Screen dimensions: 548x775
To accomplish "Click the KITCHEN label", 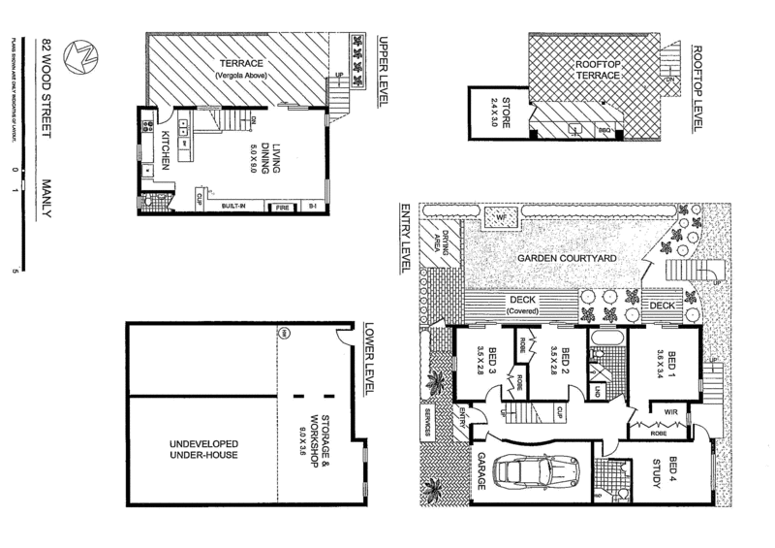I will pyautogui.click(x=166, y=149).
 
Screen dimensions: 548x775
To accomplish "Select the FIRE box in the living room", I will pyautogui.click(x=284, y=207).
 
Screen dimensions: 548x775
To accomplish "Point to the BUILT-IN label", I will pyautogui.click(x=233, y=207).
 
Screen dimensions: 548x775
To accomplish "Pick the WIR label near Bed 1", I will pyautogui.click(x=669, y=411).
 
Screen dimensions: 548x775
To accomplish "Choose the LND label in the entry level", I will pyautogui.click(x=598, y=391).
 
